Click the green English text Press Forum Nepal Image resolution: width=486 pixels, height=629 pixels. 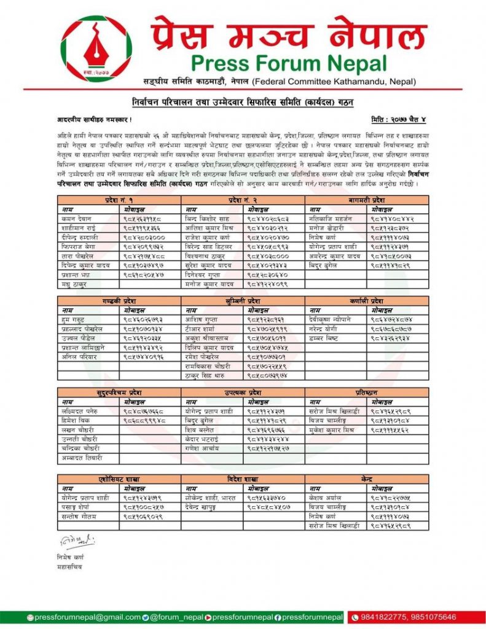pyautogui.click(x=289, y=63)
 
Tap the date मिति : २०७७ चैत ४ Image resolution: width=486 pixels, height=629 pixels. pyautogui.click(x=400, y=118)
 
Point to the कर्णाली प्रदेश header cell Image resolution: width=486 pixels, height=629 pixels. pyautogui.click(x=367, y=301)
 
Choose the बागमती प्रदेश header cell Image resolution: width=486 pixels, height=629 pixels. pyautogui.click(x=367, y=200)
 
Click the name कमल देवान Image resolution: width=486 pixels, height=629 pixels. pyautogui.click(x=77, y=218)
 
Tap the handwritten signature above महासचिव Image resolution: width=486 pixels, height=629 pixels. pyautogui.click(x=77, y=542)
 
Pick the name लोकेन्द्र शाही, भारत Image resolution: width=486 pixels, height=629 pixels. pyautogui.click(x=210, y=498)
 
